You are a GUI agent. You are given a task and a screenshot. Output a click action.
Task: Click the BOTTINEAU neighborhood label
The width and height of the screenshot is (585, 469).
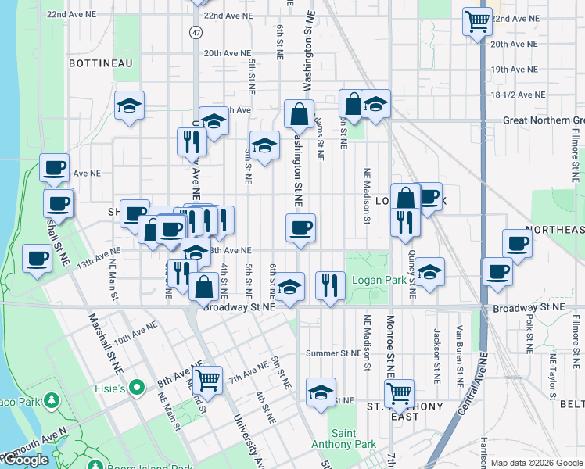tap(101, 62)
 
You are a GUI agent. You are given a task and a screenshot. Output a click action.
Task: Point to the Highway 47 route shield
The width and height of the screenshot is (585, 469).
tap(195, 32)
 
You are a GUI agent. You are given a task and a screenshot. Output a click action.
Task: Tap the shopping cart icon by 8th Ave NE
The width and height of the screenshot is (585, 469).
tap(207, 381)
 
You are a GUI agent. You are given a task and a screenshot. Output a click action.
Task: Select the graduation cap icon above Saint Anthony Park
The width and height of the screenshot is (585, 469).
tap(321, 392)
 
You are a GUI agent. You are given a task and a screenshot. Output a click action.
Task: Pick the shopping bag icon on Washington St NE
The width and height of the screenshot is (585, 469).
tap(299, 114)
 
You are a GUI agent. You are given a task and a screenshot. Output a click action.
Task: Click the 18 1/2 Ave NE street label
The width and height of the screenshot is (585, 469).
tap(518, 95)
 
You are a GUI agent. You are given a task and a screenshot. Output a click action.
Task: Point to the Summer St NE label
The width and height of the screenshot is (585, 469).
tap(331, 353)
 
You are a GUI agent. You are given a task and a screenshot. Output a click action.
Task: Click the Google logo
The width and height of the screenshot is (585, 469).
tap(26, 460)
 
